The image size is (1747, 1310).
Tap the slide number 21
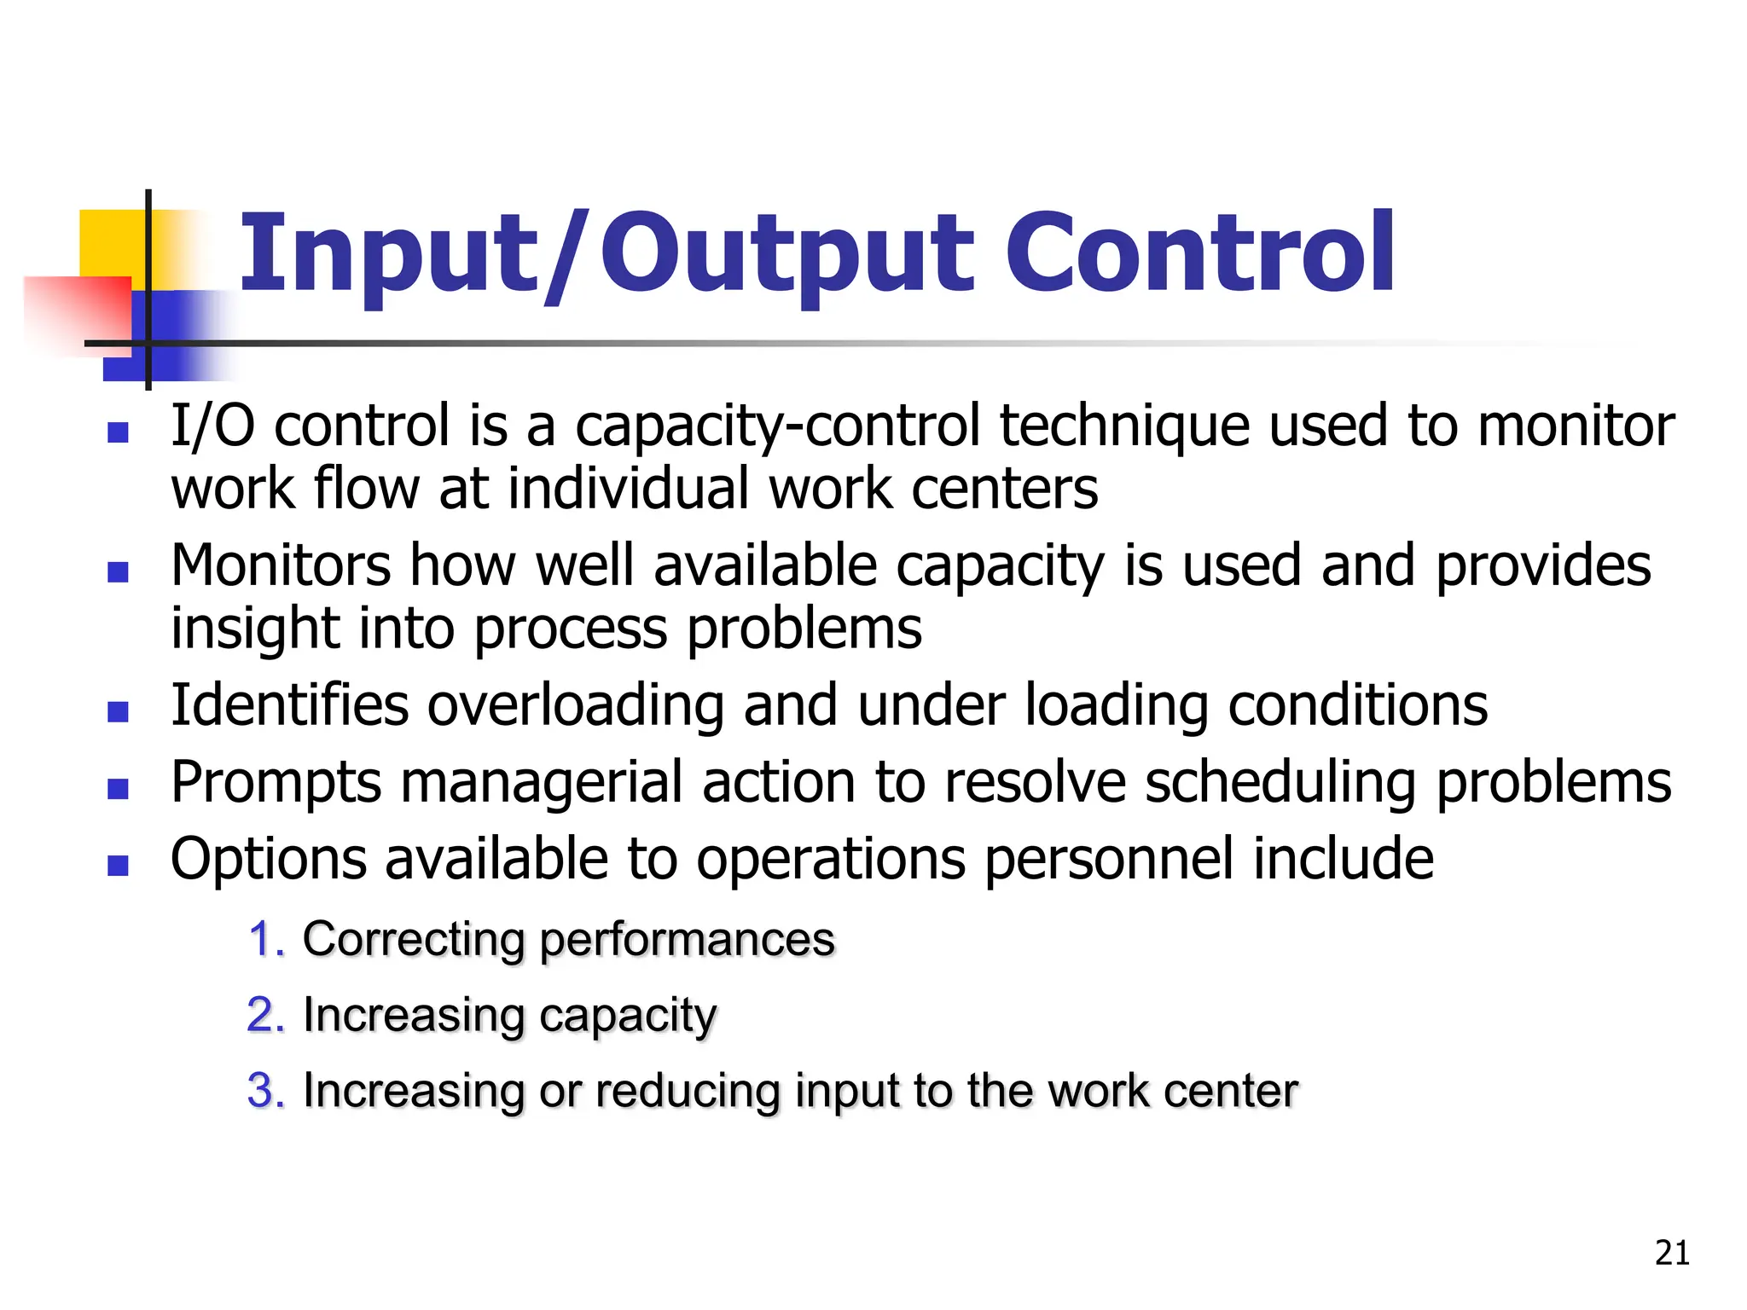[1672, 1253]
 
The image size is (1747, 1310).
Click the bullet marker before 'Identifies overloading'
[118, 710]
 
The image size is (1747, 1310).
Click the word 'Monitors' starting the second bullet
[280, 565]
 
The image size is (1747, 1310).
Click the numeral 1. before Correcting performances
[266, 940]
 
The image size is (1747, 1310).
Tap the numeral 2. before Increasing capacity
[266, 1015]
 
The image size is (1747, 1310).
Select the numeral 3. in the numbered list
[266, 1091]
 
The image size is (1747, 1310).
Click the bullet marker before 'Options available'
[118, 866]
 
